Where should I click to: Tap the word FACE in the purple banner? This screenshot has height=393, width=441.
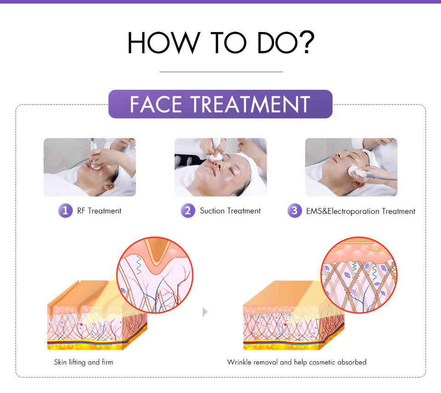(156, 105)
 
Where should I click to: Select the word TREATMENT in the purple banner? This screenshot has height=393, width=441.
(250, 105)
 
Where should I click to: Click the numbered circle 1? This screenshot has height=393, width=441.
(66, 210)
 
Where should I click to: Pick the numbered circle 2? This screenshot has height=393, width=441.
(188, 210)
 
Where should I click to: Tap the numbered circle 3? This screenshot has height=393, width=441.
(294, 210)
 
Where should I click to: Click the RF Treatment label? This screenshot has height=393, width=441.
(99, 211)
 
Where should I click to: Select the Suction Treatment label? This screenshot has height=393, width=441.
(230, 211)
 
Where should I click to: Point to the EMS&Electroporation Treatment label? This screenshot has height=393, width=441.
(361, 211)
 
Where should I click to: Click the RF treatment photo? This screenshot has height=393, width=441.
(90, 167)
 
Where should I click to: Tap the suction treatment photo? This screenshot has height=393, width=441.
(220, 167)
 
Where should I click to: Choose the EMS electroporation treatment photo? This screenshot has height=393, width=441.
(351, 167)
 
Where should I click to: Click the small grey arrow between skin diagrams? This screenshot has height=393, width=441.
(205, 311)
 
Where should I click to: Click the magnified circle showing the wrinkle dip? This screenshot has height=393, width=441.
(155, 275)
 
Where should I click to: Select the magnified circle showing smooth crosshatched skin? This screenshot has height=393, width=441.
(359, 275)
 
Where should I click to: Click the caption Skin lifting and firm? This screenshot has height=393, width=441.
(84, 362)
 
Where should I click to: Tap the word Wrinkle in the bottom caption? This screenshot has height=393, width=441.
(239, 362)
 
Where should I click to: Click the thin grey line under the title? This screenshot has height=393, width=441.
(221, 72)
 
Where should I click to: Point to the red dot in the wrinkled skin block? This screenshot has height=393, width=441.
(81, 325)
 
